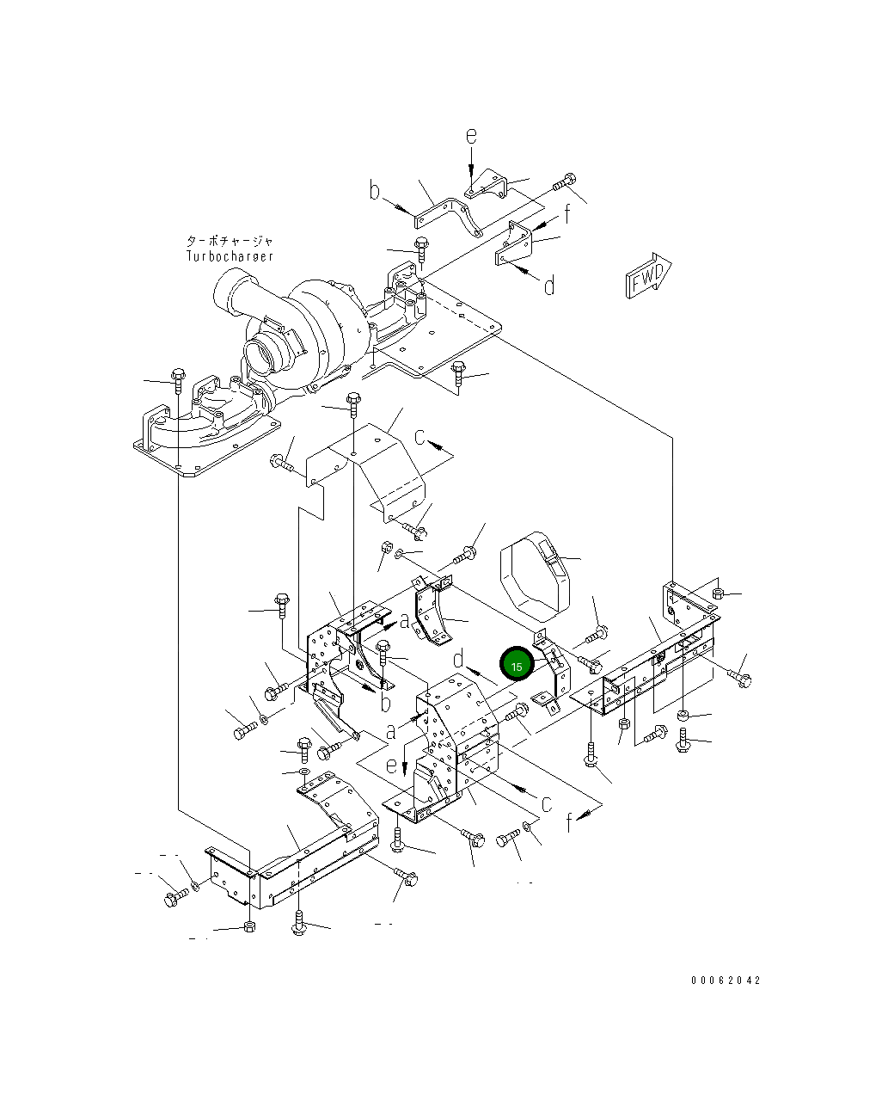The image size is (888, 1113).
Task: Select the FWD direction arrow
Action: pyautogui.click(x=649, y=275)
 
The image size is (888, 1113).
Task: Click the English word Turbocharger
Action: pyautogui.click(x=230, y=256)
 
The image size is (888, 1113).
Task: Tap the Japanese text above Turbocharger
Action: pyautogui.click(x=230, y=242)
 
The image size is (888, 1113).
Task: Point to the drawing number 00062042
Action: pyautogui.click(x=726, y=980)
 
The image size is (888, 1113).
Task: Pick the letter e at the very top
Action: pyautogui.click(x=471, y=136)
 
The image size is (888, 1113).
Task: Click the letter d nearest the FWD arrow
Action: pyautogui.click(x=549, y=285)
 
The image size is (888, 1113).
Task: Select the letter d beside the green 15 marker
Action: pyautogui.click(x=460, y=659)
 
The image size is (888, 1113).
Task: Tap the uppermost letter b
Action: pyautogui.click(x=375, y=190)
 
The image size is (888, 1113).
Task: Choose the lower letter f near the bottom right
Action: pyautogui.click(x=569, y=823)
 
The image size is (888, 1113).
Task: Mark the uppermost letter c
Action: pyautogui.click(x=420, y=437)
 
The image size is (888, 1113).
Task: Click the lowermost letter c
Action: pyautogui.click(x=546, y=802)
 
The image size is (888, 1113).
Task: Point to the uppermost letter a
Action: pyautogui.click(x=404, y=619)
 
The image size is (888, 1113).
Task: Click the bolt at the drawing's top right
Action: pyautogui.click(x=565, y=181)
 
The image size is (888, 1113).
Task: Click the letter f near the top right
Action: pyautogui.click(x=567, y=215)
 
